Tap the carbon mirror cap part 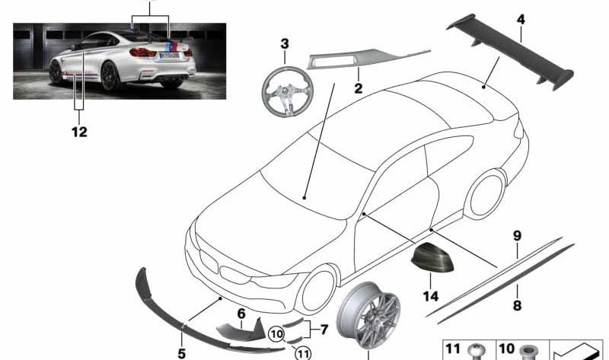pyautogui.click(x=432, y=257)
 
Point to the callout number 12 pyautogui.click(x=79, y=132)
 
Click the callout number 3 pyautogui.click(x=285, y=44)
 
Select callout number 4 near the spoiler pyautogui.click(x=521, y=20)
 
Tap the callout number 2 pyautogui.click(x=358, y=88)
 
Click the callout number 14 pyautogui.click(x=430, y=296)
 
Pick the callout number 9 pyautogui.click(x=517, y=235)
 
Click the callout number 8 pyautogui.click(x=517, y=305)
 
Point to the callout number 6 pyautogui.click(x=241, y=314)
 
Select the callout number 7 pyautogui.click(x=324, y=330)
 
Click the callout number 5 pyautogui.click(x=181, y=353)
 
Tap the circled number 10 pyautogui.click(x=276, y=334)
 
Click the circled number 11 pyautogui.click(x=303, y=353)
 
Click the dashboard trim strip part pyautogui.click(x=368, y=59)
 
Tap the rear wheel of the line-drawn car pyautogui.click(x=486, y=195)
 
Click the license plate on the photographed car pyautogui.click(x=169, y=56)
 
